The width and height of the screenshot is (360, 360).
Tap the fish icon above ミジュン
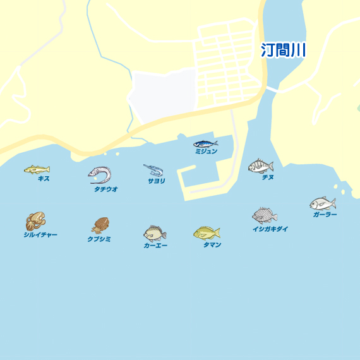(205, 143)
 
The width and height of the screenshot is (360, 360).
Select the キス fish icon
(37, 169)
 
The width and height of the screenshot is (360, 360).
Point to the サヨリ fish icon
(153, 170)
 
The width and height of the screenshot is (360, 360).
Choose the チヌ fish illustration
(260, 166)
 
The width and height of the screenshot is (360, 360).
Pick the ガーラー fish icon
(322, 203)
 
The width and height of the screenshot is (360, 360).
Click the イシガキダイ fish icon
(264, 216)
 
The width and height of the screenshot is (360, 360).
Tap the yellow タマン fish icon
(207, 233)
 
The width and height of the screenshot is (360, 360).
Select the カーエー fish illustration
(155, 233)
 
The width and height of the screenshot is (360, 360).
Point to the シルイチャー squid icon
(35, 221)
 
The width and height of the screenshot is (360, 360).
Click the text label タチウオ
(106, 189)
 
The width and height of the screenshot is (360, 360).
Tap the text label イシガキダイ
(270, 229)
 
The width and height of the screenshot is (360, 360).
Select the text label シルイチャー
(40, 235)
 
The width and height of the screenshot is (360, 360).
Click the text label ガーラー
(325, 215)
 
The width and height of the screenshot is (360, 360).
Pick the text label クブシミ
(99, 239)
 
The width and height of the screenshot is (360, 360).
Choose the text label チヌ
(268, 178)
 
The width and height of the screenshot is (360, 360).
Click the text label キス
(44, 179)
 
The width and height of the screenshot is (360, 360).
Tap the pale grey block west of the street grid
(162, 96)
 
